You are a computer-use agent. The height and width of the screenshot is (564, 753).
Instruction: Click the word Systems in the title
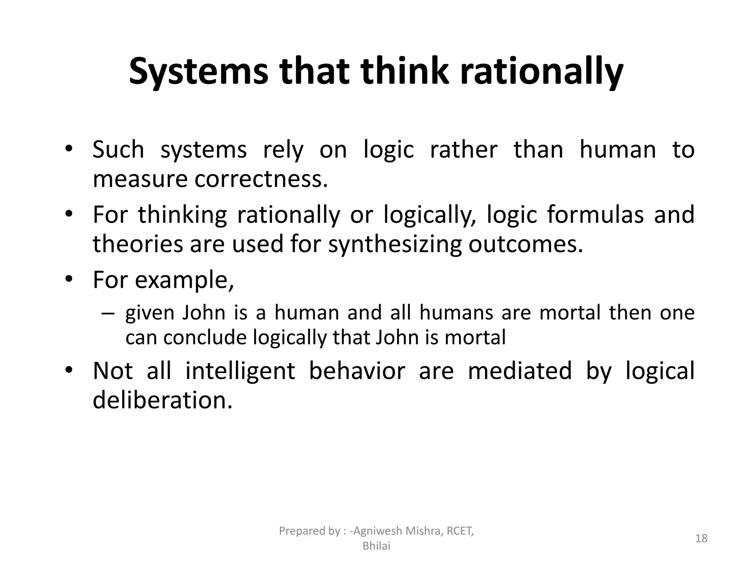coord(199,72)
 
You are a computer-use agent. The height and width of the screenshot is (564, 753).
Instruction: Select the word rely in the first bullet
coord(283,150)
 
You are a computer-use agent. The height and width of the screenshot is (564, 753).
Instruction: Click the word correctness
coord(261,179)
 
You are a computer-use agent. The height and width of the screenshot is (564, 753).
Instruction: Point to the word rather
coord(464,150)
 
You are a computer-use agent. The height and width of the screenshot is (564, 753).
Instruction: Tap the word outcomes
coord(526,245)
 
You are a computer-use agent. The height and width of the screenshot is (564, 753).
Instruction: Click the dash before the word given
coord(107,313)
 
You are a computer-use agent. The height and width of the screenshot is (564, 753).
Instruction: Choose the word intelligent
coord(240,370)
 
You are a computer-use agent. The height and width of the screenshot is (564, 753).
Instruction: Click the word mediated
coord(520,370)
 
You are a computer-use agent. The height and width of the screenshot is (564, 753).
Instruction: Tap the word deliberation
coord(163,400)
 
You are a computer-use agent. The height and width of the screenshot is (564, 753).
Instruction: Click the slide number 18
coord(701,538)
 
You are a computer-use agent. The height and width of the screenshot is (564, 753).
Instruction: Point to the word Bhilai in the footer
coord(376,546)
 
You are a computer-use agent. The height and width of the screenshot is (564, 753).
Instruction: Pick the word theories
coord(138,245)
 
